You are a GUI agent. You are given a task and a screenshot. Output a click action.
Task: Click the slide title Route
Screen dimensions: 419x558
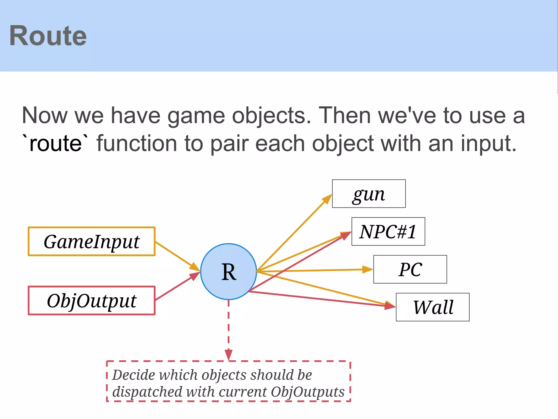[x=48, y=36]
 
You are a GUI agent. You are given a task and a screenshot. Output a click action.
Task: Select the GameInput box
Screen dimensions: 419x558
[x=92, y=241]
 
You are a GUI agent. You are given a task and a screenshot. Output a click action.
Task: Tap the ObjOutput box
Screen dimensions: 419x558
[x=92, y=301]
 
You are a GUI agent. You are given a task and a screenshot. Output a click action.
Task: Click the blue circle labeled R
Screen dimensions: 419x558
[x=228, y=271]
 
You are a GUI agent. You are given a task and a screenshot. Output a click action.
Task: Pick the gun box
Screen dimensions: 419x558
[x=369, y=194]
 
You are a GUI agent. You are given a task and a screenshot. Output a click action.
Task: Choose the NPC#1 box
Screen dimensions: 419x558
[x=388, y=232]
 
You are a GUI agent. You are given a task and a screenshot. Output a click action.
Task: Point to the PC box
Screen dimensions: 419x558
[x=410, y=270]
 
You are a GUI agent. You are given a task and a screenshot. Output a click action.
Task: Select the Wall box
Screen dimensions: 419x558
[x=433, y=307]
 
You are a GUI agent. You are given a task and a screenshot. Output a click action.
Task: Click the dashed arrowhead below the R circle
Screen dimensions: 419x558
[x=229, y=355]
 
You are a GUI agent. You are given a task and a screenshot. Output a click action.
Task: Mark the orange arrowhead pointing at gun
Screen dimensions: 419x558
[x=327, y=199]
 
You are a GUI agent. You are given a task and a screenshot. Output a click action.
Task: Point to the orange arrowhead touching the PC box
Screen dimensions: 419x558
[x=368, y=270]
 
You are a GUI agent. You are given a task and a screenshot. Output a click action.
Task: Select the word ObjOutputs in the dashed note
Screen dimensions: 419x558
[x=307, y=392]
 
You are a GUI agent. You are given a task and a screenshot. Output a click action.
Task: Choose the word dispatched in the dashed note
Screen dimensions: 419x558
[x=147, y=392]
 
